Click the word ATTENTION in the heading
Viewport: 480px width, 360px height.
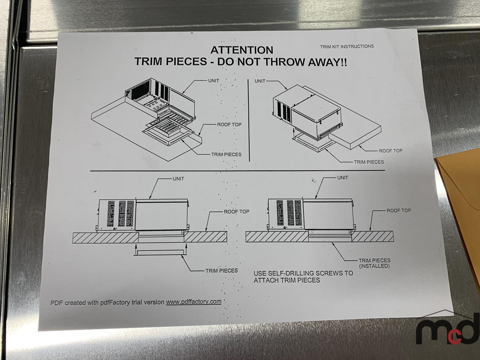242,50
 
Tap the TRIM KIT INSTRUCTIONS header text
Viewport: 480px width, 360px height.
347,46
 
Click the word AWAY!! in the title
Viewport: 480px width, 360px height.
327,62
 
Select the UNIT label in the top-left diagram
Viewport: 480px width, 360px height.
214,81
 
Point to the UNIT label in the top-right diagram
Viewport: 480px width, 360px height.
260,81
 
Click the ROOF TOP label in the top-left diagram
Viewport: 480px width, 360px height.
229,124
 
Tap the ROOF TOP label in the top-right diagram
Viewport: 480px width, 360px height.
391,151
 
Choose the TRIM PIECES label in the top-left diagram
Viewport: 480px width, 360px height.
226,154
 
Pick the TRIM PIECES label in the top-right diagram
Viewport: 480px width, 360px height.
369,162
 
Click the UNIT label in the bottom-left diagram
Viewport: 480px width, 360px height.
178,179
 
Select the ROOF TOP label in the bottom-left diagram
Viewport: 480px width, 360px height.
237,212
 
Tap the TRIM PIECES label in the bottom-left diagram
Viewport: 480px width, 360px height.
222,271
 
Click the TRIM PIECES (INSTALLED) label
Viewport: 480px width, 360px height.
374,263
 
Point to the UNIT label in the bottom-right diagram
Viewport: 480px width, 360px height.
342,178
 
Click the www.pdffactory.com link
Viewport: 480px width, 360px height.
194,302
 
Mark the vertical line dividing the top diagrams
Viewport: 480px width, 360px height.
249,120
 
